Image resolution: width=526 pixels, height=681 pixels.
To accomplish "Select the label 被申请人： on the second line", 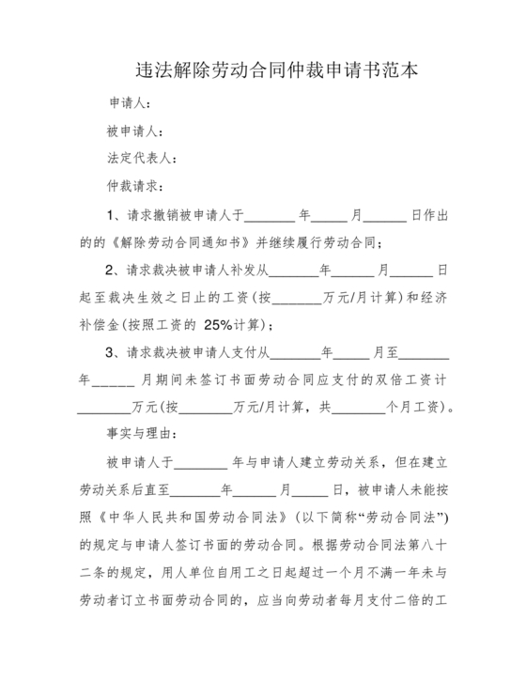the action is (x=136, y=132).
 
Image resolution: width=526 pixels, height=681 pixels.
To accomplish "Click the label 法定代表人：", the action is (x=143, y=160).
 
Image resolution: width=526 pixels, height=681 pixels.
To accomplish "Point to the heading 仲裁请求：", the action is (x=136, y=188).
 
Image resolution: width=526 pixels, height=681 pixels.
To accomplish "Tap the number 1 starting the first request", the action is (x=111, y=215).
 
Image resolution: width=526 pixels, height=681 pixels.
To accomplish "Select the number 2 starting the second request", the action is (x=111, y=271).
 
